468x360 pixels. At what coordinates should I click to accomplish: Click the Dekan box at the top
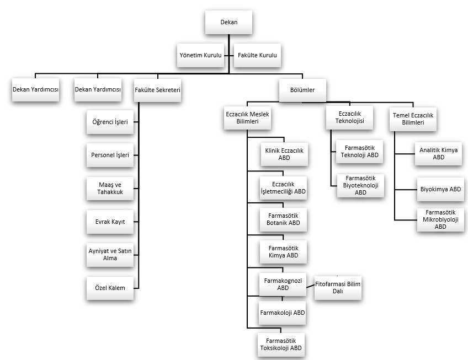[x=228, y=22]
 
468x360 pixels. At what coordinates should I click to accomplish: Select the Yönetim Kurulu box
[x=200, y=55]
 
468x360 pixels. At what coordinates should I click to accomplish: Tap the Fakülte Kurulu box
[x=257, y=55]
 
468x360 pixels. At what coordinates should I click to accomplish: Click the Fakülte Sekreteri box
[x=158, y=90]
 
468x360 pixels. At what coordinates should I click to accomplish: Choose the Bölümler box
[x=302, y=90]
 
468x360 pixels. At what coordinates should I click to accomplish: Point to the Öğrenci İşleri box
[x=110, y=122]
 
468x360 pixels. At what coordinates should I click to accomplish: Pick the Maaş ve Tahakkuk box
[x=110, y=188]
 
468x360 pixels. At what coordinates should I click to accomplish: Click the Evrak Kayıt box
[x=110, y=222]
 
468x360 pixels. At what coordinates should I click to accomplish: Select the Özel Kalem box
[x=110, y=288]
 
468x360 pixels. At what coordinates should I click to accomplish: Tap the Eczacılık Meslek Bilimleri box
[x=247, y=118]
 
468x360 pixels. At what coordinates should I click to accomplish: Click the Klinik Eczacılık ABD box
[x=284, y=154]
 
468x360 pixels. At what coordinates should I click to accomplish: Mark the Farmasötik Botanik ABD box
[x=283, y=219]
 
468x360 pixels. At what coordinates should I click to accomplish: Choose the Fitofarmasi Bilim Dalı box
[x=338, y=288]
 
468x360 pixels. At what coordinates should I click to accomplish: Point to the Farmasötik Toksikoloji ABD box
[x=281, y=345]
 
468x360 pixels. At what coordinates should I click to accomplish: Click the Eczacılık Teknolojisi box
[x=349, y=117]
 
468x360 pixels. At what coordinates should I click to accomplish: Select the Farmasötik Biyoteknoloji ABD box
[x=360, y=186]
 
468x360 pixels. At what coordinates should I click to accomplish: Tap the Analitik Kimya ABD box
[x=438, y=154]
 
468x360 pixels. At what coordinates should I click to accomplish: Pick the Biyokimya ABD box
[x=440, y=189]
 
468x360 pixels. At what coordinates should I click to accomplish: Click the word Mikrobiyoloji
[x=440, y=219]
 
